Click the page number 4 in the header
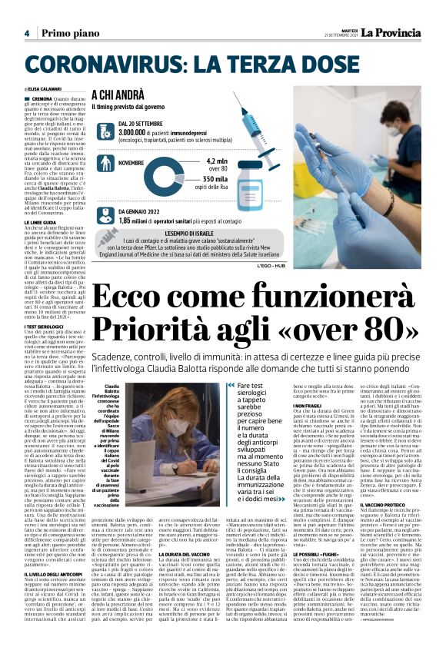26,33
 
